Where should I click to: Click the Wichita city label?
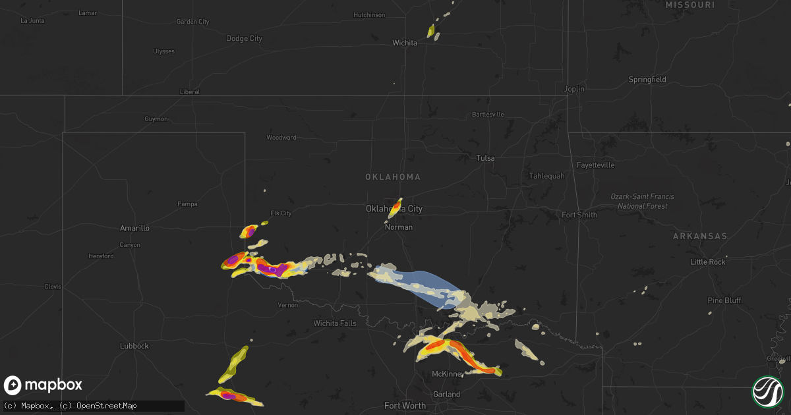pos(405,43)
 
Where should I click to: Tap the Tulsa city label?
pos(486,158)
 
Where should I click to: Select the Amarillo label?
pos(134,228)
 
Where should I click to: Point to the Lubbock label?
pos(134,346)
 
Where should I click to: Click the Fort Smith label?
pos(579,215)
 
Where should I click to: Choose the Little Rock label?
pos(707,262)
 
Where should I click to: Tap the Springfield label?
pos(647,80)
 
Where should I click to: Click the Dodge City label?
pos(244,39)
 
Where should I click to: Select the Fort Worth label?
pos(405,406)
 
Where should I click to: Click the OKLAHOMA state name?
pos(393,177)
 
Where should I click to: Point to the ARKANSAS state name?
pos(700,236)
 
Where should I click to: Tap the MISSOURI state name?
pos(690,5)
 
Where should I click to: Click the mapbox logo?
pos(43,385)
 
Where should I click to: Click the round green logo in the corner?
pos(768,392)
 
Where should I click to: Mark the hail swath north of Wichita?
pos(432,30)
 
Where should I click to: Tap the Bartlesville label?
pos(488,115)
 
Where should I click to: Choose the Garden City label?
pos(192,22)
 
